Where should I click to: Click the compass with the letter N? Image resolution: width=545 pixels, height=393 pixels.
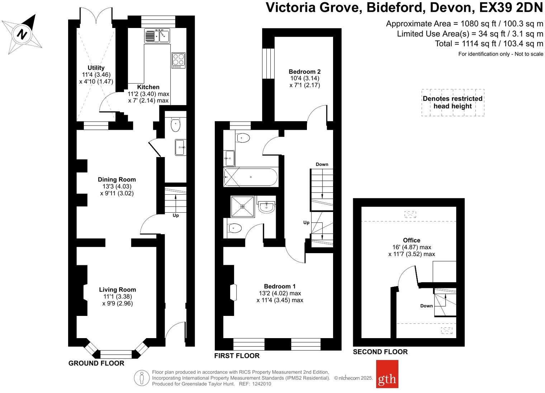[22, 34]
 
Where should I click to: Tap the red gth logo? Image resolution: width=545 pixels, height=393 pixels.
[387, 374]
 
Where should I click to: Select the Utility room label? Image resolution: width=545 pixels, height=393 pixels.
[96, 68]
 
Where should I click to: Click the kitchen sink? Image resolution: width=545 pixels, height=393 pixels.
[157, 35]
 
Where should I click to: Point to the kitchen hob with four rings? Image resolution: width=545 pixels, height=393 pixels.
[179, 60]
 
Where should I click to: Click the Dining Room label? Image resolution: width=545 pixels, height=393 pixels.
[117, 180]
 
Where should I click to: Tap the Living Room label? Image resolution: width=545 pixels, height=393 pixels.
[118, 290]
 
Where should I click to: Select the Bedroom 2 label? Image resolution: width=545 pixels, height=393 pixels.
[304, 72]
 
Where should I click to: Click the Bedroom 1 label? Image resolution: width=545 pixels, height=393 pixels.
[280, 286]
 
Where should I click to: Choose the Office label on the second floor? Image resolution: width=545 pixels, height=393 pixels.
[411, 240]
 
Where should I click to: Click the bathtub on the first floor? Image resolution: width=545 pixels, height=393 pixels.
[250, 177]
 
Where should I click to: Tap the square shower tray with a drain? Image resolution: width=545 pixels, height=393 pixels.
[243, 207]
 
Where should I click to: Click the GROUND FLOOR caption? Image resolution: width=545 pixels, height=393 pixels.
[96, 363]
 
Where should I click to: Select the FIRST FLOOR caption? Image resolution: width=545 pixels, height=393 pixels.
[237, 356]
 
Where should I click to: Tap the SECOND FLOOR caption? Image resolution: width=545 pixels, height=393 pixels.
[380, 352]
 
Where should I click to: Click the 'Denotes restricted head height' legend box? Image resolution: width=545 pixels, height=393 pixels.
[452, 103]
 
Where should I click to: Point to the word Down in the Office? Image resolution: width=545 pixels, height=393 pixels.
[426, 306]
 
